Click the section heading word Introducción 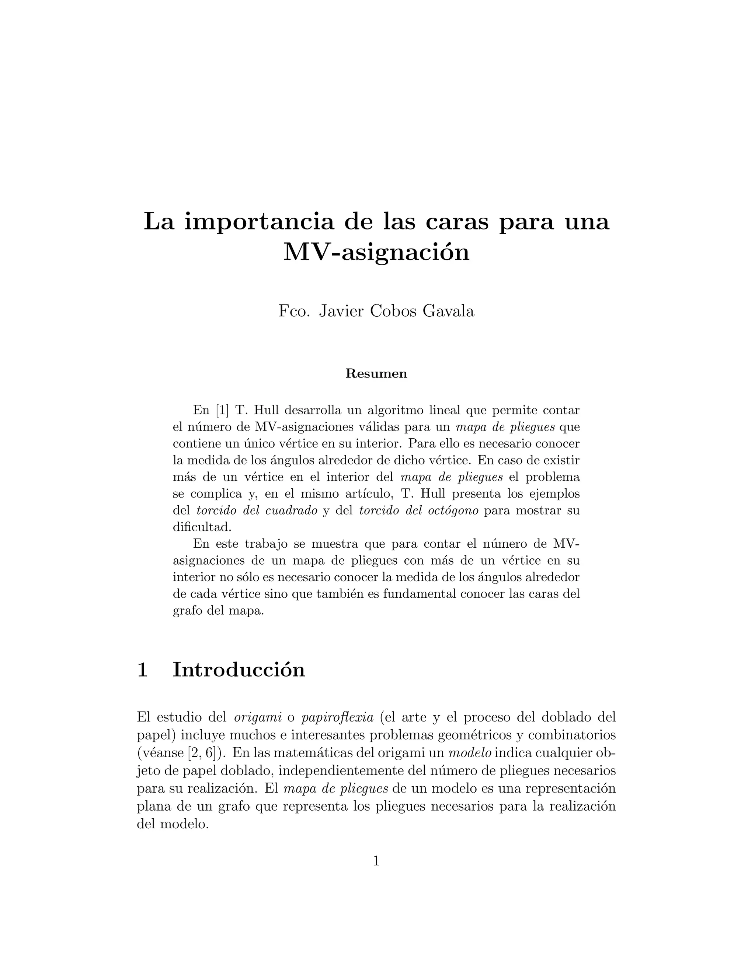239,670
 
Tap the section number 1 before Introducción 142,670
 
